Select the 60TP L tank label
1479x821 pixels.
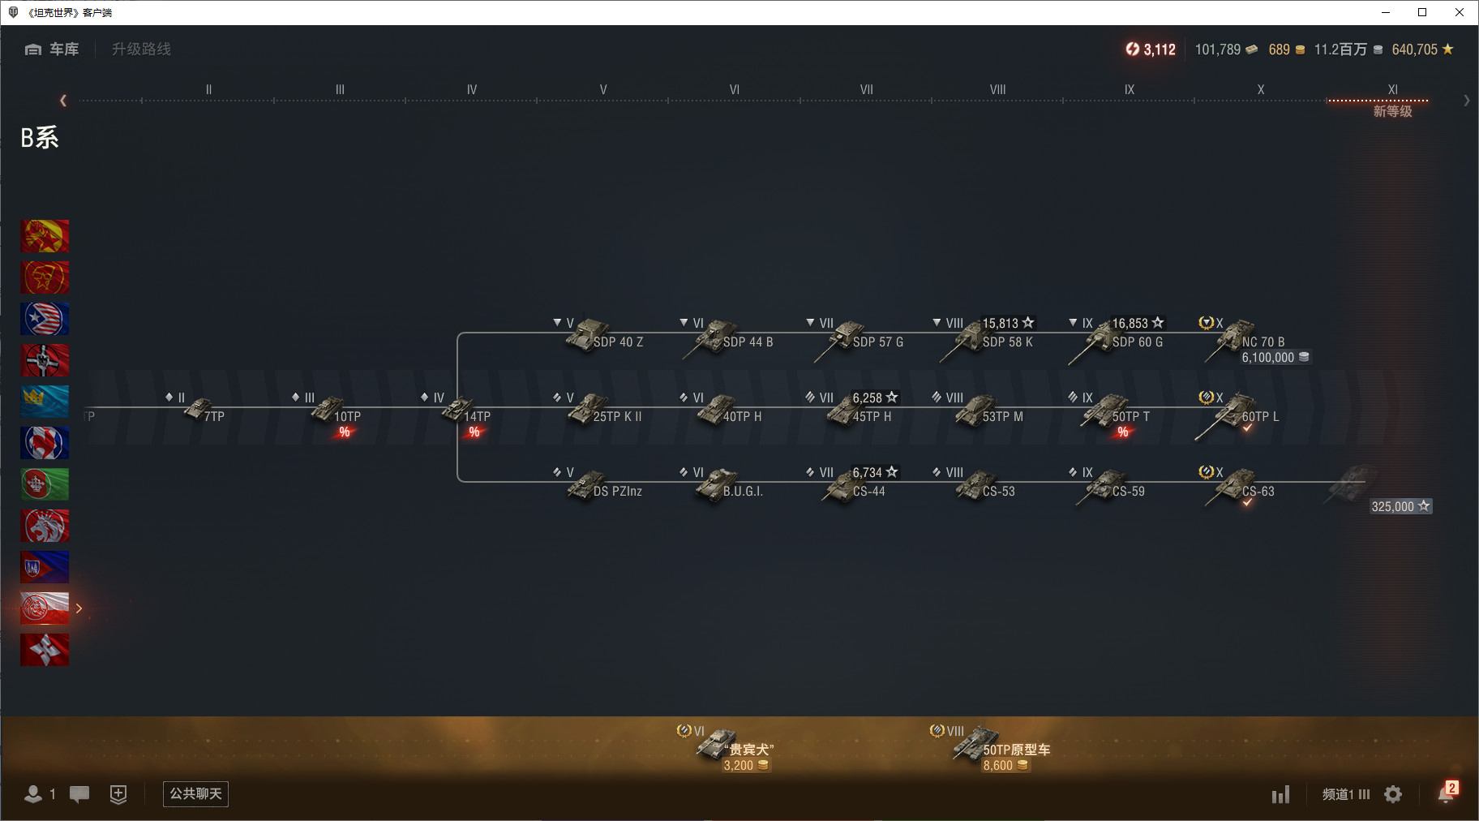(1260, 416)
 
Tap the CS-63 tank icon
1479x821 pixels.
(1232, 486)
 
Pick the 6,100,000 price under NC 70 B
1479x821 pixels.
(1275, 358)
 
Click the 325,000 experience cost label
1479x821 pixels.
(1400, 506)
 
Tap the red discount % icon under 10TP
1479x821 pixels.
(345, 432)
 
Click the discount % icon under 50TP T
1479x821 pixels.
(1123, 432)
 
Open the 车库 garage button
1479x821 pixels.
(52, 49)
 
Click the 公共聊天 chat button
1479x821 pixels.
(195, 794)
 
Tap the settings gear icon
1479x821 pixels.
(1393, 794)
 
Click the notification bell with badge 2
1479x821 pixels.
(1447, 793)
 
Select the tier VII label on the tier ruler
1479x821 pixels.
(866, 89)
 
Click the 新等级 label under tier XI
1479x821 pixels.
(1392, 111)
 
